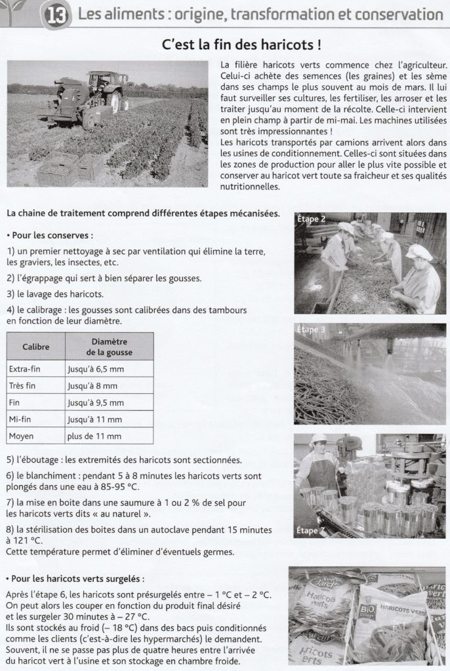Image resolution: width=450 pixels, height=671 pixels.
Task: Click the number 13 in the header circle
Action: [x=56, y=15]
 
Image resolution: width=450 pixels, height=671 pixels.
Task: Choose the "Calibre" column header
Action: [x=35, y=347]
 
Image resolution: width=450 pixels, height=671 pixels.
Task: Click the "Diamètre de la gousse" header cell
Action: [x=109, y=347]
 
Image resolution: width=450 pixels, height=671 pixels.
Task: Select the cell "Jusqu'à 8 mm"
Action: [x=92, y=386]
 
